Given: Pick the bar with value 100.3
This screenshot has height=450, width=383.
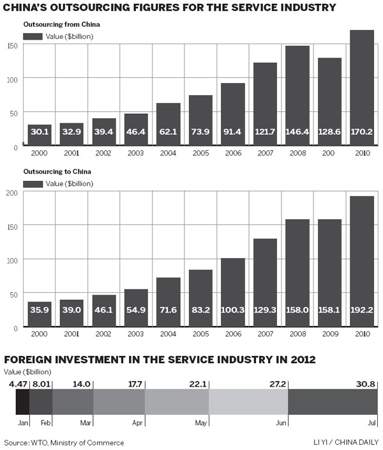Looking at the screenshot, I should [x=234, y=291].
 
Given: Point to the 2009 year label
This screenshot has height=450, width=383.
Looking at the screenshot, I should [x=330, y=334].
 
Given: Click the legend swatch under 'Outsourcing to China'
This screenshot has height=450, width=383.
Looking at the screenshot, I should [x=30, y=184].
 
